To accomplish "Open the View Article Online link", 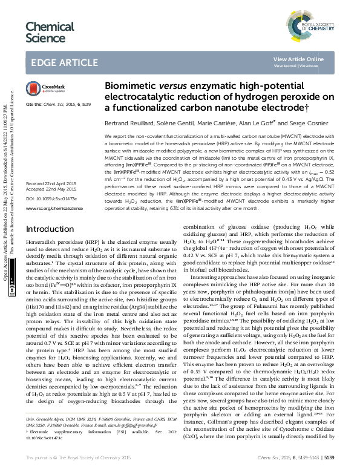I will coord(298,59).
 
